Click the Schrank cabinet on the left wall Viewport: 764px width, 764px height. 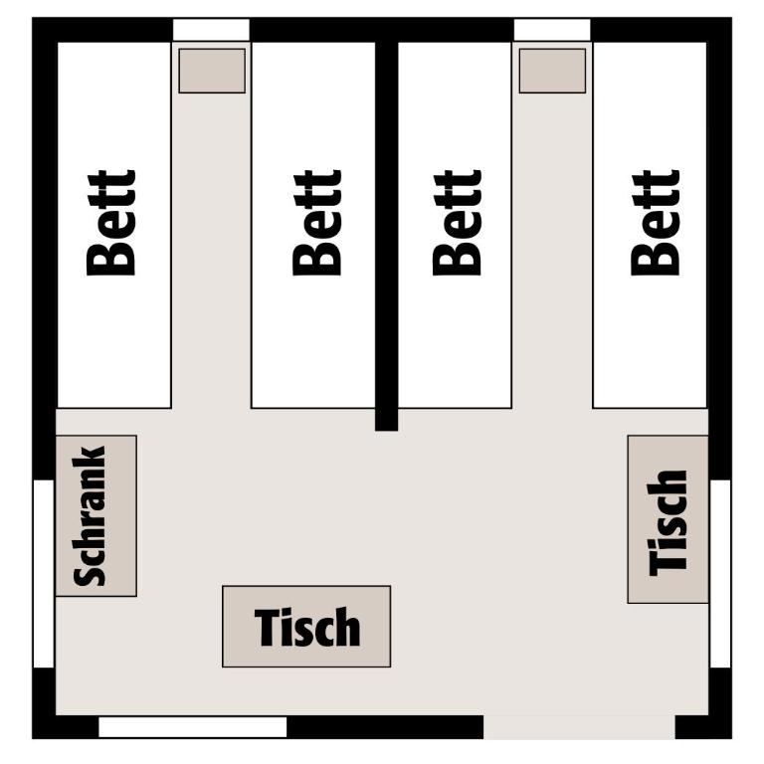(95, 515)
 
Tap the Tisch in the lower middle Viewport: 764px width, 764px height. (306, 626)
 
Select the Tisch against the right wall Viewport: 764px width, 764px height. (668, 519)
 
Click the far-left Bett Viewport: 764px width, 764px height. (114, 225)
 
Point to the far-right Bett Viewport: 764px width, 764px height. (650, 225)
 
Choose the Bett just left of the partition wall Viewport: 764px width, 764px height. (313, 225)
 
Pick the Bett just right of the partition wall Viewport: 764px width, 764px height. (455, 225)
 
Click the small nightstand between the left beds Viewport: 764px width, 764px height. (212, 71)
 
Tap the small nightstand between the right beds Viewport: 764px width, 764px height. (552, 71)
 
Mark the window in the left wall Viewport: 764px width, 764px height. (44, 573)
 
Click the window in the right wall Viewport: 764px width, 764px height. (720, 573)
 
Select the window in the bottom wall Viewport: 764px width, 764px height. (192, 727)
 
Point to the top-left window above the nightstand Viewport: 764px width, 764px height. (211, 30)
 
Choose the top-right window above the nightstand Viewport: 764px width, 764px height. (552, 30)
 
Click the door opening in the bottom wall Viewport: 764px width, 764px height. (579, 727)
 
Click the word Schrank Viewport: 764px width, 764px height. (90, 515)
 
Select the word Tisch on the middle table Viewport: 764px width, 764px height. (307, 627)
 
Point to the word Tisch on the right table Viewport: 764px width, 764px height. (668, 523)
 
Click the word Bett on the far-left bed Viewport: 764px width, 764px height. (110, 223)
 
